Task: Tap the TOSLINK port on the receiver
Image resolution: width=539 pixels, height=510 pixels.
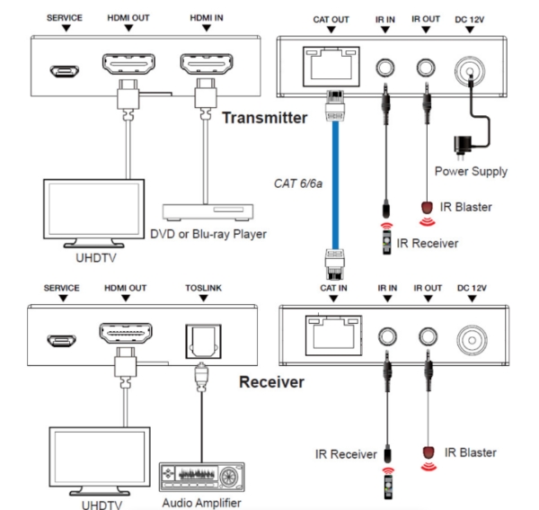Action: pyautogui.click(x=199, y=339)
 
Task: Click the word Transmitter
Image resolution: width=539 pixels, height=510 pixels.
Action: pyautogui.click(x=265, y=117)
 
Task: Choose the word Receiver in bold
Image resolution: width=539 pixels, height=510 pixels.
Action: pyautogui.click(x=271, y=381)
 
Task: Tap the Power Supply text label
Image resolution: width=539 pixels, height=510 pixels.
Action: pyautogui.click(x=471, y=171)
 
